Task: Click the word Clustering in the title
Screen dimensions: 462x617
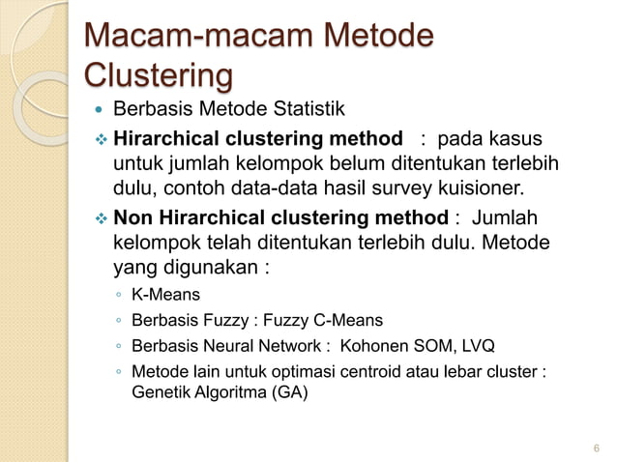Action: [x=160, y=73]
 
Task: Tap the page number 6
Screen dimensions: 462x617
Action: [x=596, y=448]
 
